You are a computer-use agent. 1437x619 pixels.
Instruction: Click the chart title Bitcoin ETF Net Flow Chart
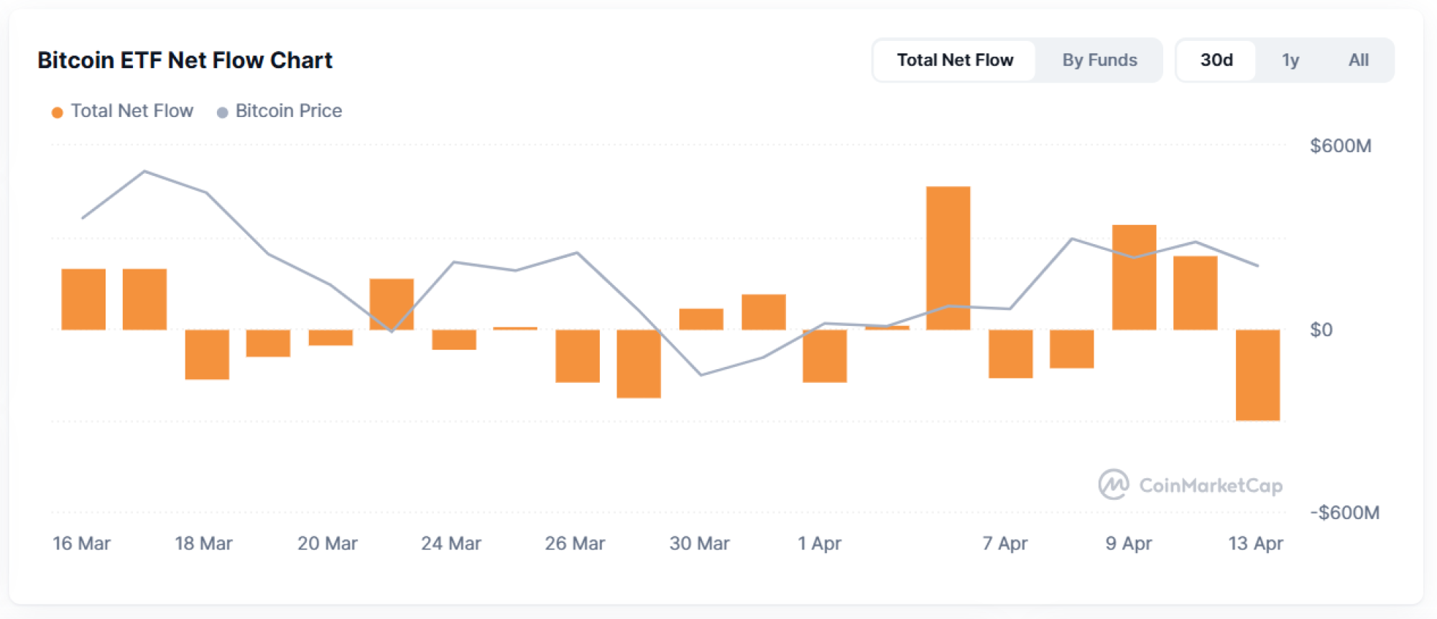185,60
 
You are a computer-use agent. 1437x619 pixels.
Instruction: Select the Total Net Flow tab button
954,60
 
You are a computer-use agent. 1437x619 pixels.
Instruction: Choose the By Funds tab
1099,60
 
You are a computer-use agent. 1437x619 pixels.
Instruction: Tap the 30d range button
1216,60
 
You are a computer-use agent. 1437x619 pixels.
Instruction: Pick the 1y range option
1290,60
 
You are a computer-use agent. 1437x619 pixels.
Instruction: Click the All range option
1358,60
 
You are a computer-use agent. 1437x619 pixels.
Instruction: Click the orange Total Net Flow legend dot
57,112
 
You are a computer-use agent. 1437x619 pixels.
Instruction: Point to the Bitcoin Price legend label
288,111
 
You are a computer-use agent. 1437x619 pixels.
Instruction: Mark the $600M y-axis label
1340,146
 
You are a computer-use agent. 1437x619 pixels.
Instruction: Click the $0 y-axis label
1321,330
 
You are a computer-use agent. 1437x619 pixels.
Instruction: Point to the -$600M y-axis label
1344,513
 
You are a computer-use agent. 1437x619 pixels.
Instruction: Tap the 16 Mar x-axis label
81,544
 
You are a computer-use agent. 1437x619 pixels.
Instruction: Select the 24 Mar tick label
450,544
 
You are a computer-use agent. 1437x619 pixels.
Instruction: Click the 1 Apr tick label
819,544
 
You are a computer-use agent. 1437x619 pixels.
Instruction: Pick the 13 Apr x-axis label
1255,544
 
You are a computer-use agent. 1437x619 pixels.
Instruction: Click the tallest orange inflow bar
948,259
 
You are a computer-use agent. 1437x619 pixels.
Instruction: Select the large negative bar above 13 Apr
1257,375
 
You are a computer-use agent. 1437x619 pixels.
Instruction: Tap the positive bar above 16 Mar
83,299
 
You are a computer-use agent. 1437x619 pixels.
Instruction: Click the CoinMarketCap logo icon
1113,485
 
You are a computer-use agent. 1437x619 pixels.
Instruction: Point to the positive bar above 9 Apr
1134,278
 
